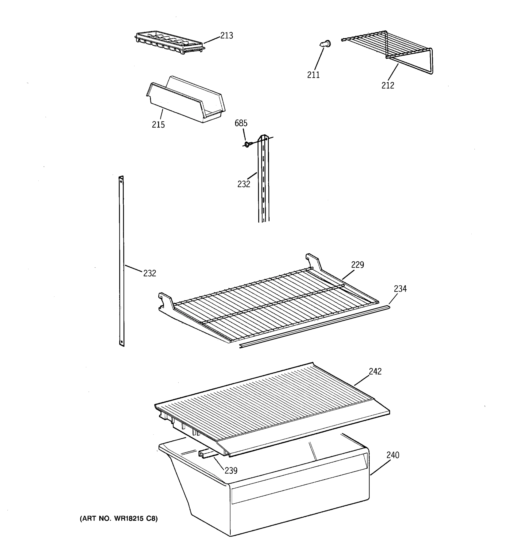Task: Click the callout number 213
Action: tap(226, 35)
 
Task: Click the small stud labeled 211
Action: tap(325, 44)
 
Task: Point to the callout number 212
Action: tap(388, 85)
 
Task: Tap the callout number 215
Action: tap(158, 124)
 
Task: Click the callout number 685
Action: tap(241, 123)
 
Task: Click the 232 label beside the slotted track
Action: tap(244, 184)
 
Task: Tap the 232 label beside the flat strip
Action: tap(150, 273)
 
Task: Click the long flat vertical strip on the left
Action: tap(121, 260)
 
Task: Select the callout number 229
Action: tap(357, 265)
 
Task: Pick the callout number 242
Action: tap(375, 371)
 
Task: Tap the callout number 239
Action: tap(231, 471)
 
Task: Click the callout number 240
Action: tap(392, 455)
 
